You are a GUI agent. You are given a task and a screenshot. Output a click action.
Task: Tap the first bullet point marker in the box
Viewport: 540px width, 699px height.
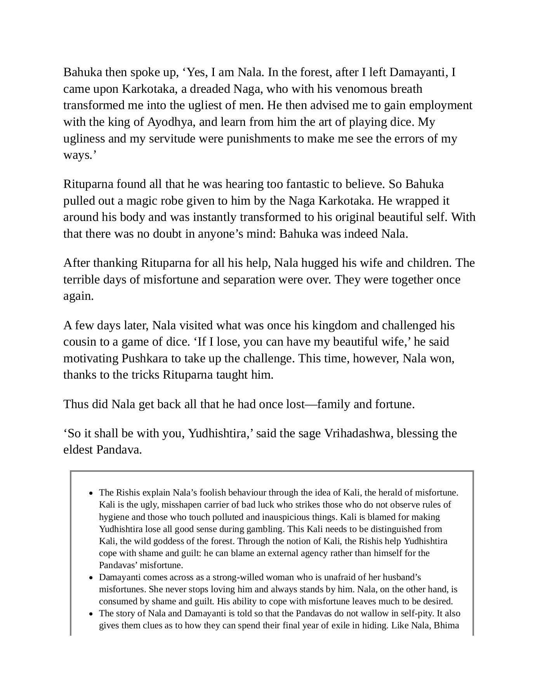tap(91, 493)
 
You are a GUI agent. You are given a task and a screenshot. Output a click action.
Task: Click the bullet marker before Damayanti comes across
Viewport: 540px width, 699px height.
tap(91, 578)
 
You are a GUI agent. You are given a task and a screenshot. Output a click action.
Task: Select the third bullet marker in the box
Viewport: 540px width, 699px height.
tap(91, 614)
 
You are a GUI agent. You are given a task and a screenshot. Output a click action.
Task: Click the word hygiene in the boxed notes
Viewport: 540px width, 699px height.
tap(112, 517)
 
